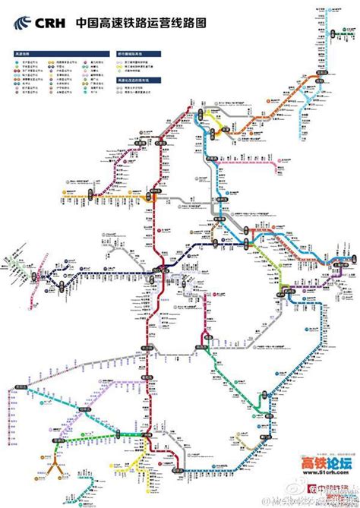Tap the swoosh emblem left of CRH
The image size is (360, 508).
19,23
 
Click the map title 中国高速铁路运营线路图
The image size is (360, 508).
141,24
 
